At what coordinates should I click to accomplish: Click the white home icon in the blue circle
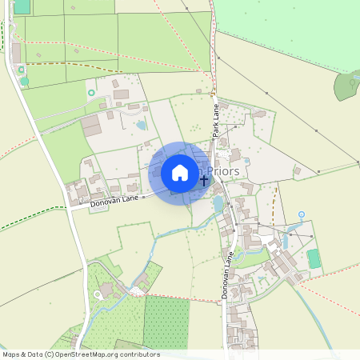click(180, 173)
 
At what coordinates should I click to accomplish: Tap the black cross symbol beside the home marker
click(204, 181)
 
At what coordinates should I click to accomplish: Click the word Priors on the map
click(224, 170)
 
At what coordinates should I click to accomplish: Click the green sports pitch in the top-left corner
click(22, 6)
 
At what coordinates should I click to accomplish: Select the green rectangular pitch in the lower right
click(314, 258)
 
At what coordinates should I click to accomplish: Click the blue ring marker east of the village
click(302, 214)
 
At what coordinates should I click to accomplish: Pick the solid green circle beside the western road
click(24, 81)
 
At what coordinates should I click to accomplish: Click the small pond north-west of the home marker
click(142, 125)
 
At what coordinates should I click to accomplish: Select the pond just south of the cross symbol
click(218, 205)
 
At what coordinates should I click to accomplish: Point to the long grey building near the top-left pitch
click(16, 52)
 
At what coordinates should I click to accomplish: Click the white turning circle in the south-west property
click(98, 294)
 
